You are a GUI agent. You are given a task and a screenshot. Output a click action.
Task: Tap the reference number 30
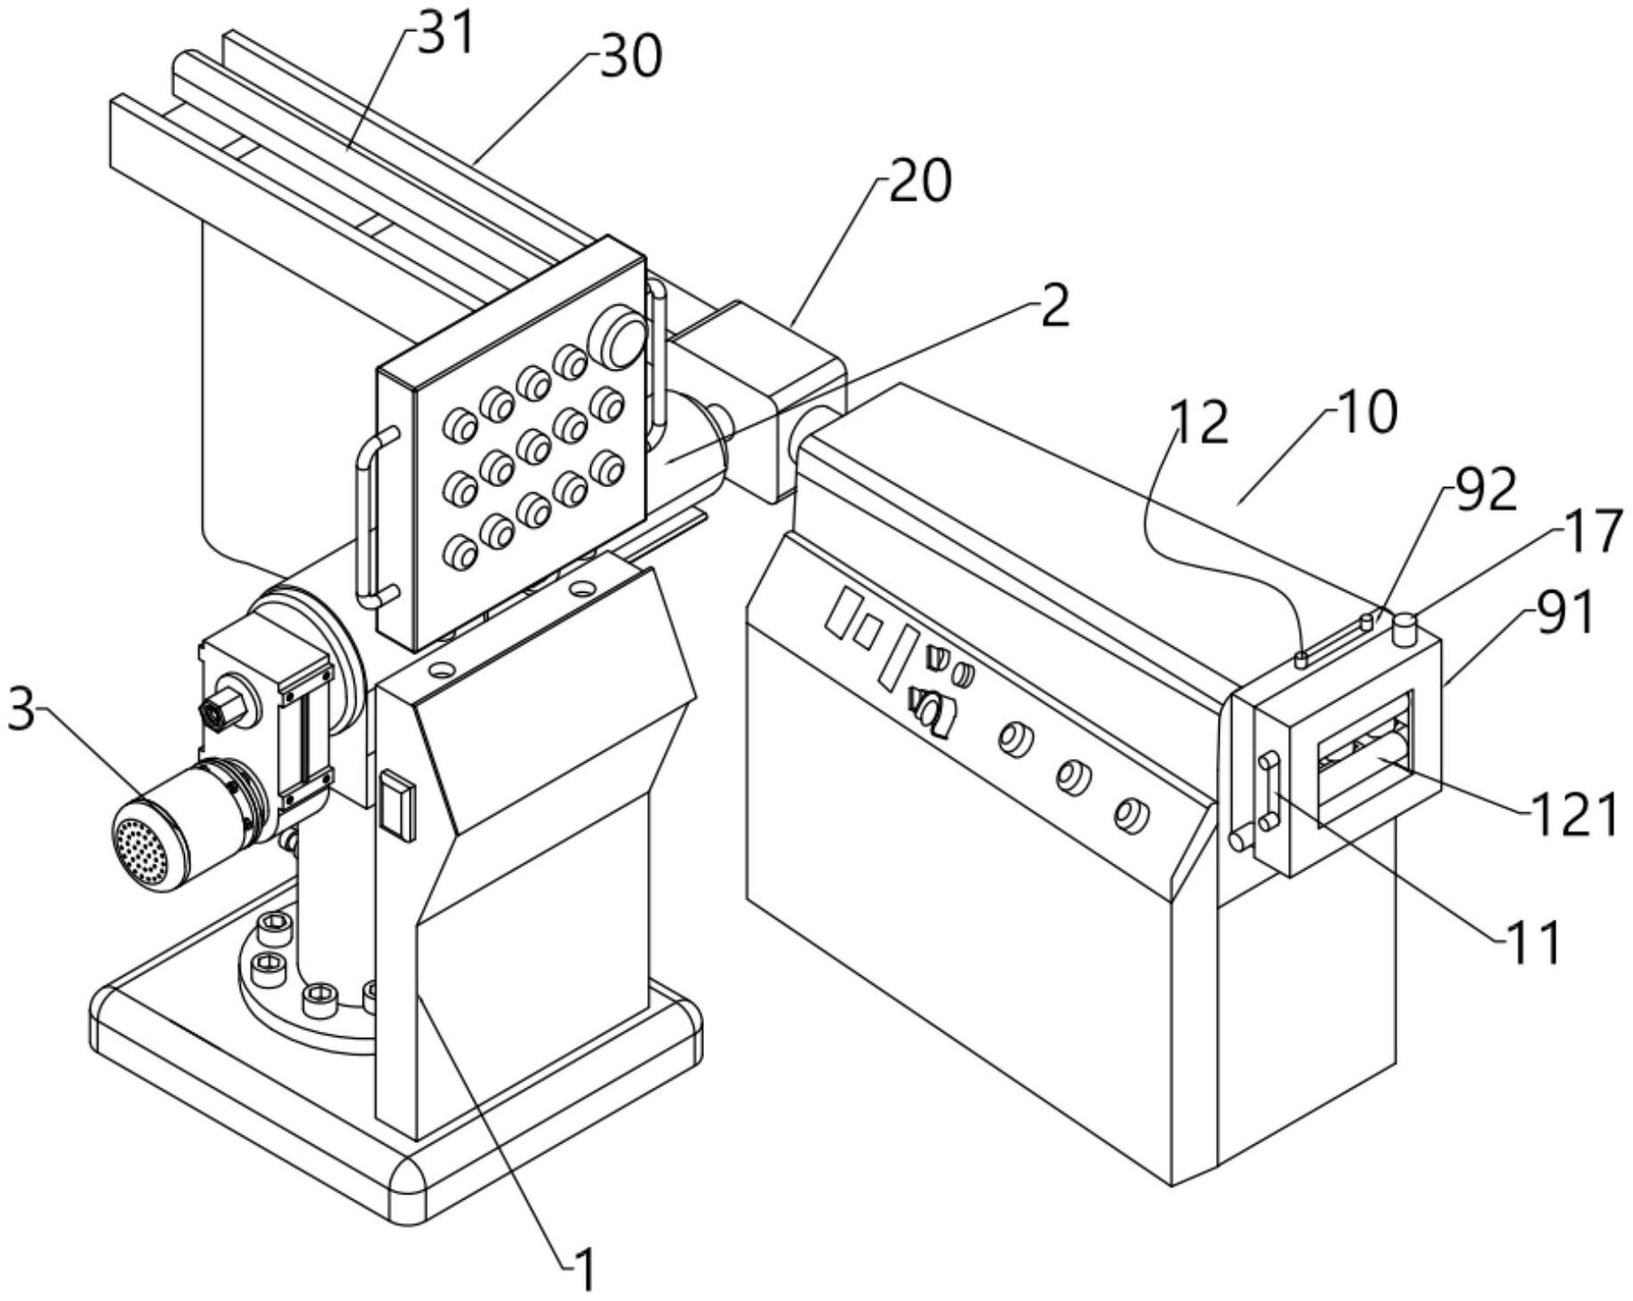(x=630, y=56)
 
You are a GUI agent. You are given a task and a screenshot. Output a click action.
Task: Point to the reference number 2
(x=1054, y=307)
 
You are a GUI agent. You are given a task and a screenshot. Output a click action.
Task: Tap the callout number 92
(x=1485, y=490)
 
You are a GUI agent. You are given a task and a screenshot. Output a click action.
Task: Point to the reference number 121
(x=1573, y=814)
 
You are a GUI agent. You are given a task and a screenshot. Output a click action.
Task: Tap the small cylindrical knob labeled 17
(x=1405, y=630)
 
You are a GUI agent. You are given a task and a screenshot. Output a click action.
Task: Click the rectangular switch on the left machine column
(x=398, y=805)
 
